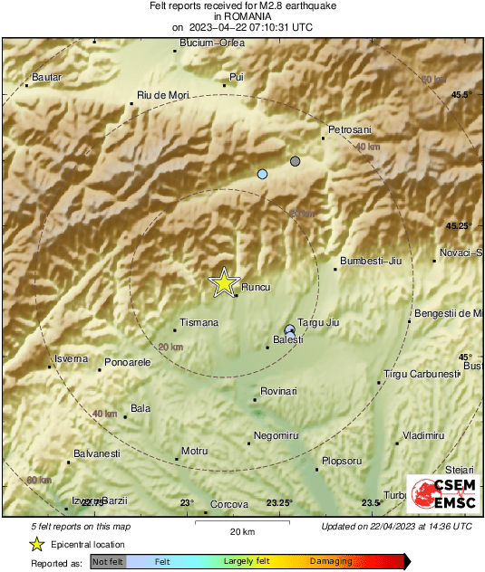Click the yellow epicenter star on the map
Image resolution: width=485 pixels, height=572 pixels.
coord(222,283)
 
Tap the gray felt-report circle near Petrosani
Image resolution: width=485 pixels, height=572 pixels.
coord(295,161)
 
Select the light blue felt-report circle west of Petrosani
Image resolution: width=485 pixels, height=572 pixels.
coord(263,174)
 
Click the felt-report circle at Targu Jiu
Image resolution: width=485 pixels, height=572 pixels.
coord(289,329)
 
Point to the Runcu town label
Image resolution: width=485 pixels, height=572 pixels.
coord(255,288)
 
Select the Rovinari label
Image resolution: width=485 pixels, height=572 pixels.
coord(278,391)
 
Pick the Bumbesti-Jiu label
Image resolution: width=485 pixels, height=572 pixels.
coord(370,262)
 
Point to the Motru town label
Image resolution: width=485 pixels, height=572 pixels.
coord(195,451)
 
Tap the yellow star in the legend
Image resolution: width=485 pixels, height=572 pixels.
coord(36,544)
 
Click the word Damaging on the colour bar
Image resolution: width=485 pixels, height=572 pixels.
coord(331,562)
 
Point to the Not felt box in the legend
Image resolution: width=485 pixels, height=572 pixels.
coord(108,562)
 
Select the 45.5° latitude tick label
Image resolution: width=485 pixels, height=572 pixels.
coord(463,94)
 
